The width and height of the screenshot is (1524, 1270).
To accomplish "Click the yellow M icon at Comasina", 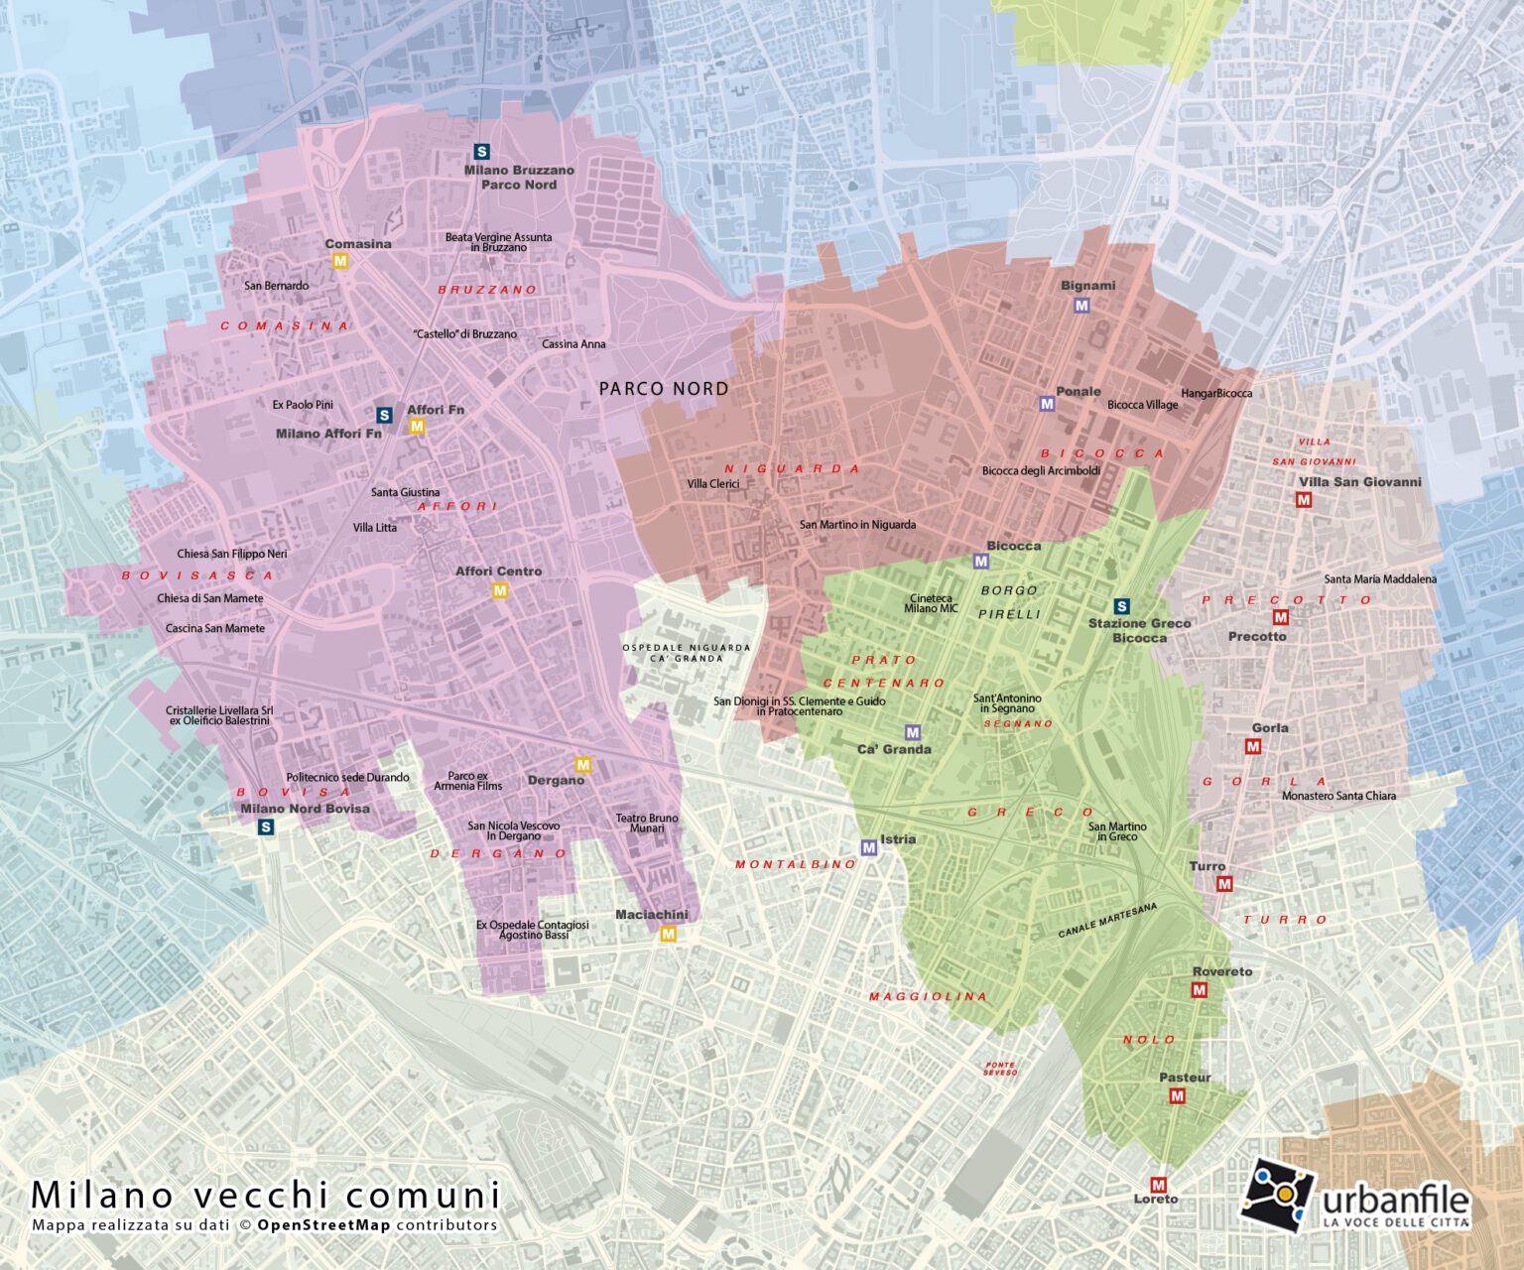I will point(340,261).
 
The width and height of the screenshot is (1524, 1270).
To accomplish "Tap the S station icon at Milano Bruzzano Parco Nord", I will point(482,152).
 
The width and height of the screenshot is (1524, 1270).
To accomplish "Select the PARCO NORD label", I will point(663,389).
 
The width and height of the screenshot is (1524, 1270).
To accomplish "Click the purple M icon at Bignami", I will point(1081,306).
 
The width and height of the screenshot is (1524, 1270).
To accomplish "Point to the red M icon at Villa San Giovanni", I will point(1304,500).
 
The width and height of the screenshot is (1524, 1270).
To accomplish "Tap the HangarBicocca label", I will point(1215,394).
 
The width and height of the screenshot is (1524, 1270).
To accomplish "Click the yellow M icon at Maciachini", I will point(668,934).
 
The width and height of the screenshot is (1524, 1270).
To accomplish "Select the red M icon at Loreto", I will point(1158,1185).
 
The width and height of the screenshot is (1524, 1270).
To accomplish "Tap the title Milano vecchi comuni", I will point(266,1195).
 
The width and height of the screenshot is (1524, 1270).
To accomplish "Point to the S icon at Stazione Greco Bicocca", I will point(1122,606).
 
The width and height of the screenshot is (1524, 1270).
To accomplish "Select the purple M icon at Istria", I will point(869,847).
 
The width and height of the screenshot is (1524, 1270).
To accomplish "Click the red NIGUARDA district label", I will point(791,469).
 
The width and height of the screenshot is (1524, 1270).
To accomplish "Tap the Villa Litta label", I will point(374,528).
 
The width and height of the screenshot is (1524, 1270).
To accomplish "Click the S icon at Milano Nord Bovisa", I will point(266,826).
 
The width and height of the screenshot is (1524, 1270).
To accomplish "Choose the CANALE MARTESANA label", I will point(1106,920).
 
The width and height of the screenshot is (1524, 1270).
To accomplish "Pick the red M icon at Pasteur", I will point(1177,1095).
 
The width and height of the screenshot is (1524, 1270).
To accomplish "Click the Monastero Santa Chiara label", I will point(1337,796).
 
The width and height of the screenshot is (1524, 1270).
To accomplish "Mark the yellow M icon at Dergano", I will point(583,765).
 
